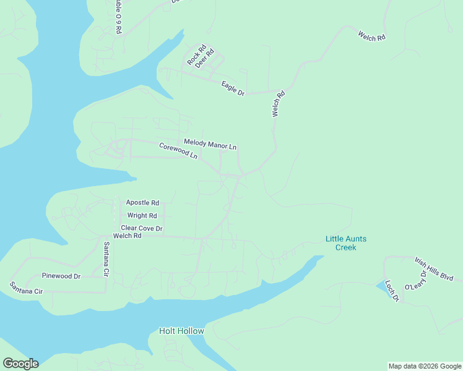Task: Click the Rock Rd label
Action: pyautogui.click(x=197, y=55)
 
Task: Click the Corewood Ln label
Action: pyautogui.click(x=178, y=151)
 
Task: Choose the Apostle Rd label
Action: pyautogui.click(x=142, y=202)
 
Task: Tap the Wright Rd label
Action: pyautogui.click(x=142, y=215)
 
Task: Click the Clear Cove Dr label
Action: pyautogui.click(x=141, y=228)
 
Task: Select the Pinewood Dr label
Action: pyautogui.click(x=61, y=276)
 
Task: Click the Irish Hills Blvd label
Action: pyautogui.click(x=435, y=268)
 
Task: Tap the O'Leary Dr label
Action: pyautogui.click(x=415, y=281)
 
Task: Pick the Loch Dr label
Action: pyautogui.click(x=391, y=289)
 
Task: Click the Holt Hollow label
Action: pyautogui.click(x=181, y=331)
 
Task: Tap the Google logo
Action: pyautogui.click(x=20, y=364)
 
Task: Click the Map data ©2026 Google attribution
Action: pyautogui.click(x=425, y=366)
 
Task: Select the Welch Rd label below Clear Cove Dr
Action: pyautogui.click(x=127, y=236)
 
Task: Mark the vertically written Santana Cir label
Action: pyautogui.click(x=106, y=258)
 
